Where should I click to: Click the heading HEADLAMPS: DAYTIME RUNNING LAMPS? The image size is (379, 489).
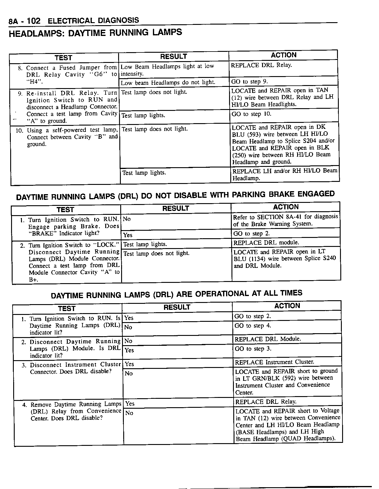point(95,33)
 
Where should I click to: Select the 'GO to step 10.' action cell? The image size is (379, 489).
point(251,114)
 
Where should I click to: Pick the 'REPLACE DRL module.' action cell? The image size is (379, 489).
point(266,243)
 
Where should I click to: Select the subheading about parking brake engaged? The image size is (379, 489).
point(175,196)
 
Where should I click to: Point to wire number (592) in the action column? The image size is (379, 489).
point(287,378)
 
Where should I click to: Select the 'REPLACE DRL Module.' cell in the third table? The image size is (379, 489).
point(267,339)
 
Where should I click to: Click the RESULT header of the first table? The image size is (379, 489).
point(173,57)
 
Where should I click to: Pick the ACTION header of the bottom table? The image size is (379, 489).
point(287,306)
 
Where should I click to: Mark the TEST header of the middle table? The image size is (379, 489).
point(65,210)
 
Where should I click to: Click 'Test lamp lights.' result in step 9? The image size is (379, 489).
point(143,116)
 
